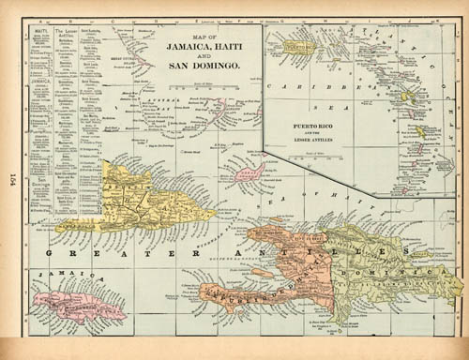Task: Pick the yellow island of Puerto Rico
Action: [300, 46]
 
